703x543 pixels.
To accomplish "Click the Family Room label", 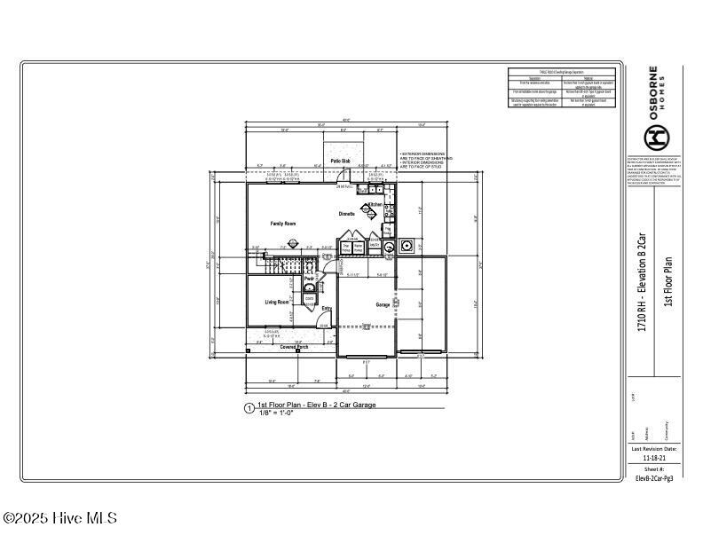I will point(282,224).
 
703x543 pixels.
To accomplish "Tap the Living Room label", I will point(277,303).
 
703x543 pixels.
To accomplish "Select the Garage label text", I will point(383,304).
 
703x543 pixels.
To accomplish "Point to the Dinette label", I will point(347,214).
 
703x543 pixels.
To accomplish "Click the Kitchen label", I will point(375,205).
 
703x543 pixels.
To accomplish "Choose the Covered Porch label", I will point(294,348).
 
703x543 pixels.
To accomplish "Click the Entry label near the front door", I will point(327,309).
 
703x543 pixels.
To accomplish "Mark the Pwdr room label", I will point(309,279).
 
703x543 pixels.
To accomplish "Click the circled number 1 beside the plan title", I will point(249,409).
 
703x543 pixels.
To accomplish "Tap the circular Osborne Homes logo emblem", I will point(655,136).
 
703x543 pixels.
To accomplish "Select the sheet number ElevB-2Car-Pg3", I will point(654,477).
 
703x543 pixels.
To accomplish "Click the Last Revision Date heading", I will point(654,449).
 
